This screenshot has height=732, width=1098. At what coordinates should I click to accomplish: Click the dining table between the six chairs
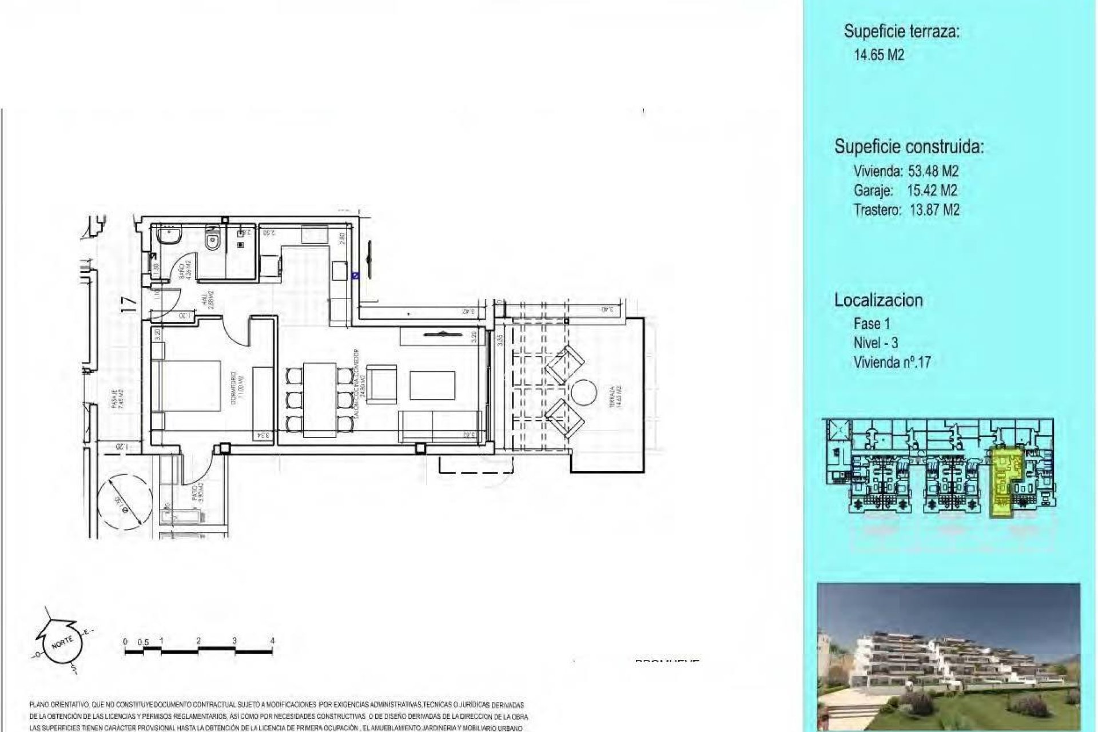tap(315, 397)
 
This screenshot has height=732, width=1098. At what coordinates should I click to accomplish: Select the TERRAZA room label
tap(612, 395)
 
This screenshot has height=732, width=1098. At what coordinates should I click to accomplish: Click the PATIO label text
tap(195, 494)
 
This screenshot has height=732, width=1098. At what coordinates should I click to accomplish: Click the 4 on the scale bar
tap(272, 641)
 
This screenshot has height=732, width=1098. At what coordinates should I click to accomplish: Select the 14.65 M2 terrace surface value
tap(879, 55)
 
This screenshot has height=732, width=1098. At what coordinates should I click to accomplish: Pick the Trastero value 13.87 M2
tap(934, 210)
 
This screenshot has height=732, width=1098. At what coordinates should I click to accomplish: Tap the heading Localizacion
tap(878, 300)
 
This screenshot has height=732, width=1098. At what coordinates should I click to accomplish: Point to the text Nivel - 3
tap(876, 343)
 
